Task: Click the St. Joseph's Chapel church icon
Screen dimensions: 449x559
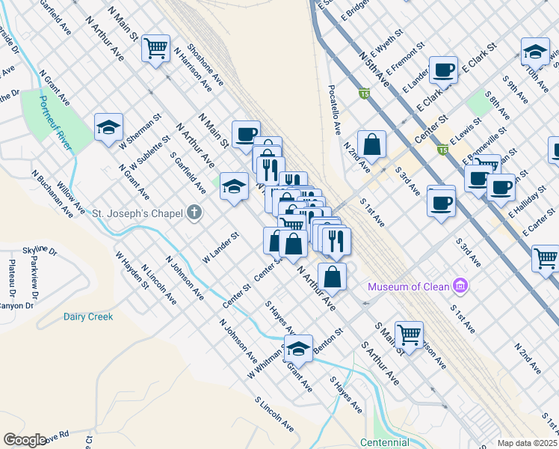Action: point(194,213)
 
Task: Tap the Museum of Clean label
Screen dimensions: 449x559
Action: point(409,287)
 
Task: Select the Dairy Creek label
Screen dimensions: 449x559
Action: point(88,317)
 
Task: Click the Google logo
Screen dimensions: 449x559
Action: point(25,440)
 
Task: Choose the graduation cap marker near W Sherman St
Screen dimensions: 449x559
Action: point(108,126)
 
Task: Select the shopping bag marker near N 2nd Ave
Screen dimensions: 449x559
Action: point(371,144)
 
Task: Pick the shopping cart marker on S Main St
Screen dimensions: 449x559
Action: point(409,335)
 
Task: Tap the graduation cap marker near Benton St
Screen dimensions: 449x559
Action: point(298,349)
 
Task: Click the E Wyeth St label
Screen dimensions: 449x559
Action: point(390,43)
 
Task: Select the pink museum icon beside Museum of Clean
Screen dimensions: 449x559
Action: point(460,287)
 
